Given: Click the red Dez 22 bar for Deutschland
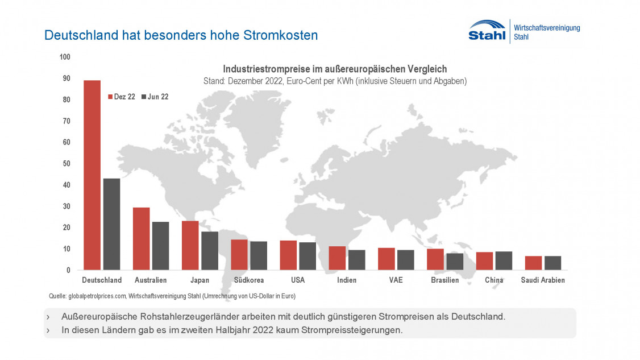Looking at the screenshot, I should coord(92,175).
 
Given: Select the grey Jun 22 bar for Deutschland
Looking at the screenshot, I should coord(112,224).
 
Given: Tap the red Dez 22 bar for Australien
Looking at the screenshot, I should coord(141,239).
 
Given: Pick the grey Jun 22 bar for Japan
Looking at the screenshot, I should coord(210,251).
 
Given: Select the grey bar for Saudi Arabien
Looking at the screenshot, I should coord(552,263).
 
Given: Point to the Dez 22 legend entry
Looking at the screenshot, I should coord(122,97).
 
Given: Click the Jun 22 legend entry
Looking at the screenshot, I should coord(155,97).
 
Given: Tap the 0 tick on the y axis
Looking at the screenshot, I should coord(68,270).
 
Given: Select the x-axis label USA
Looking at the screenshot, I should coord(298,280).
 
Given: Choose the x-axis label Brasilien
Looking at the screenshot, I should coord(445,280).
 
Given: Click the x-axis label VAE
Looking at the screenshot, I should coord(396,280).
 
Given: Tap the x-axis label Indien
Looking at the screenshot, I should coord(347,280).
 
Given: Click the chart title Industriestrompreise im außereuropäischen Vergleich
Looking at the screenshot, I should coord(335,69).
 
